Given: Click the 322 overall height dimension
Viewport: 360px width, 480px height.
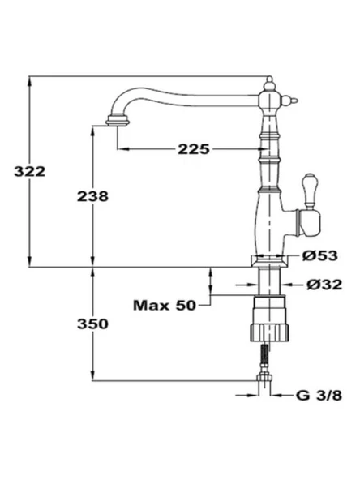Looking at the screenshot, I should (30, 172).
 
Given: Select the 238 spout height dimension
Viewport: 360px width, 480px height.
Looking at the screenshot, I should (92, 197).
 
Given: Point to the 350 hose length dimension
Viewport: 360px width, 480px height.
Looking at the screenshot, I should (92, 324).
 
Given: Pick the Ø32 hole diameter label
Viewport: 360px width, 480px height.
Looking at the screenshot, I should (324, 285).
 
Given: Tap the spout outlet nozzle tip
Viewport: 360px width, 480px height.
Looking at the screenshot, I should (118, 122).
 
